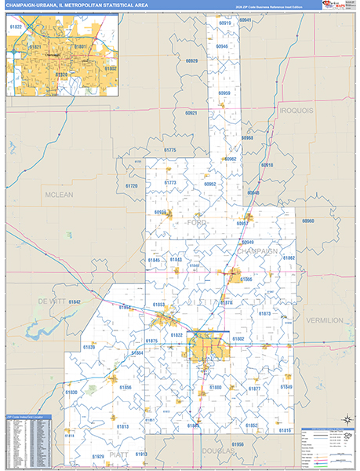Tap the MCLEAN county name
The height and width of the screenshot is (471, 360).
pyautogui.click(x=59, y=195)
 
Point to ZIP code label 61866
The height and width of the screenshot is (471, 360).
pyautogui.click(x=245, y=279)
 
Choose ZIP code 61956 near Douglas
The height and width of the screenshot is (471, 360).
pyautogui.click(x=238, y=444)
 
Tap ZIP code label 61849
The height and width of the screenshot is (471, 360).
pyautogui.click(x=285, y=387)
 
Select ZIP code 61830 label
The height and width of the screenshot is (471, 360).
pyautogui.click(x=71, y=392)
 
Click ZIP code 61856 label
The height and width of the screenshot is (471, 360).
pyautogui.click(x=125, y=387)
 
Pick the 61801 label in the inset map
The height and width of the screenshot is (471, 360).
pyautogui.click(x=81, y=46)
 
